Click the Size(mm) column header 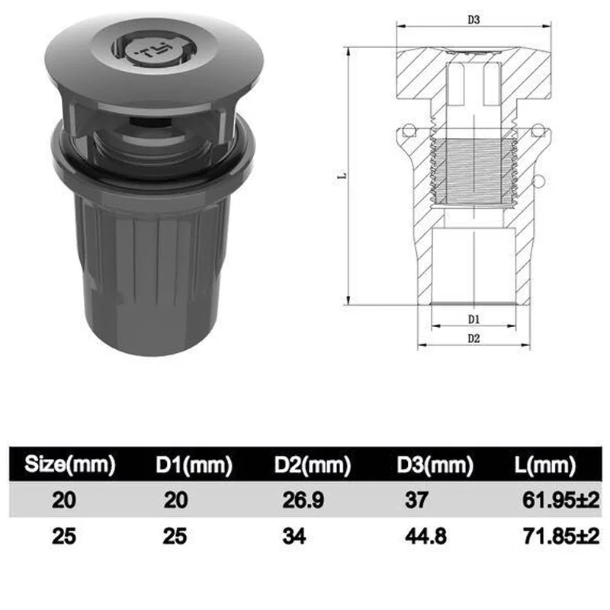point(70,464)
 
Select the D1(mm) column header point(194,464)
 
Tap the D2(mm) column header point(313,464)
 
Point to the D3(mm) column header point(435,464)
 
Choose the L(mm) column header point(545,464)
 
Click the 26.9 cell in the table point(303,500)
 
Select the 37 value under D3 point(416,500)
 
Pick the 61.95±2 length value point(561,500)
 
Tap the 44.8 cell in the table point(425,537)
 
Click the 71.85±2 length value point(561,537)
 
